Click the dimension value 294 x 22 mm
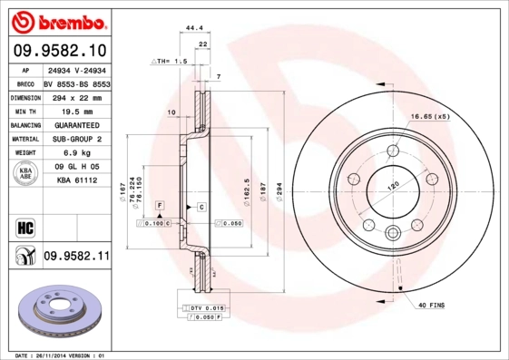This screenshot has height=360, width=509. (x=76, y=95)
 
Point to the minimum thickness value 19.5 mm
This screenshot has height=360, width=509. (x=76, y=110)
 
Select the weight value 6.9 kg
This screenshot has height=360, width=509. (x=76, y=153)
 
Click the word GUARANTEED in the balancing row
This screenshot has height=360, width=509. (x=76, y=124)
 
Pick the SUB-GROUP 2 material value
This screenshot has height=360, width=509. (x=76, y=139)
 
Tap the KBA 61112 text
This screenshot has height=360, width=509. (x=76, y=181)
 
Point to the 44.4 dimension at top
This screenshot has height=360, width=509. (x=193, y=29)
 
